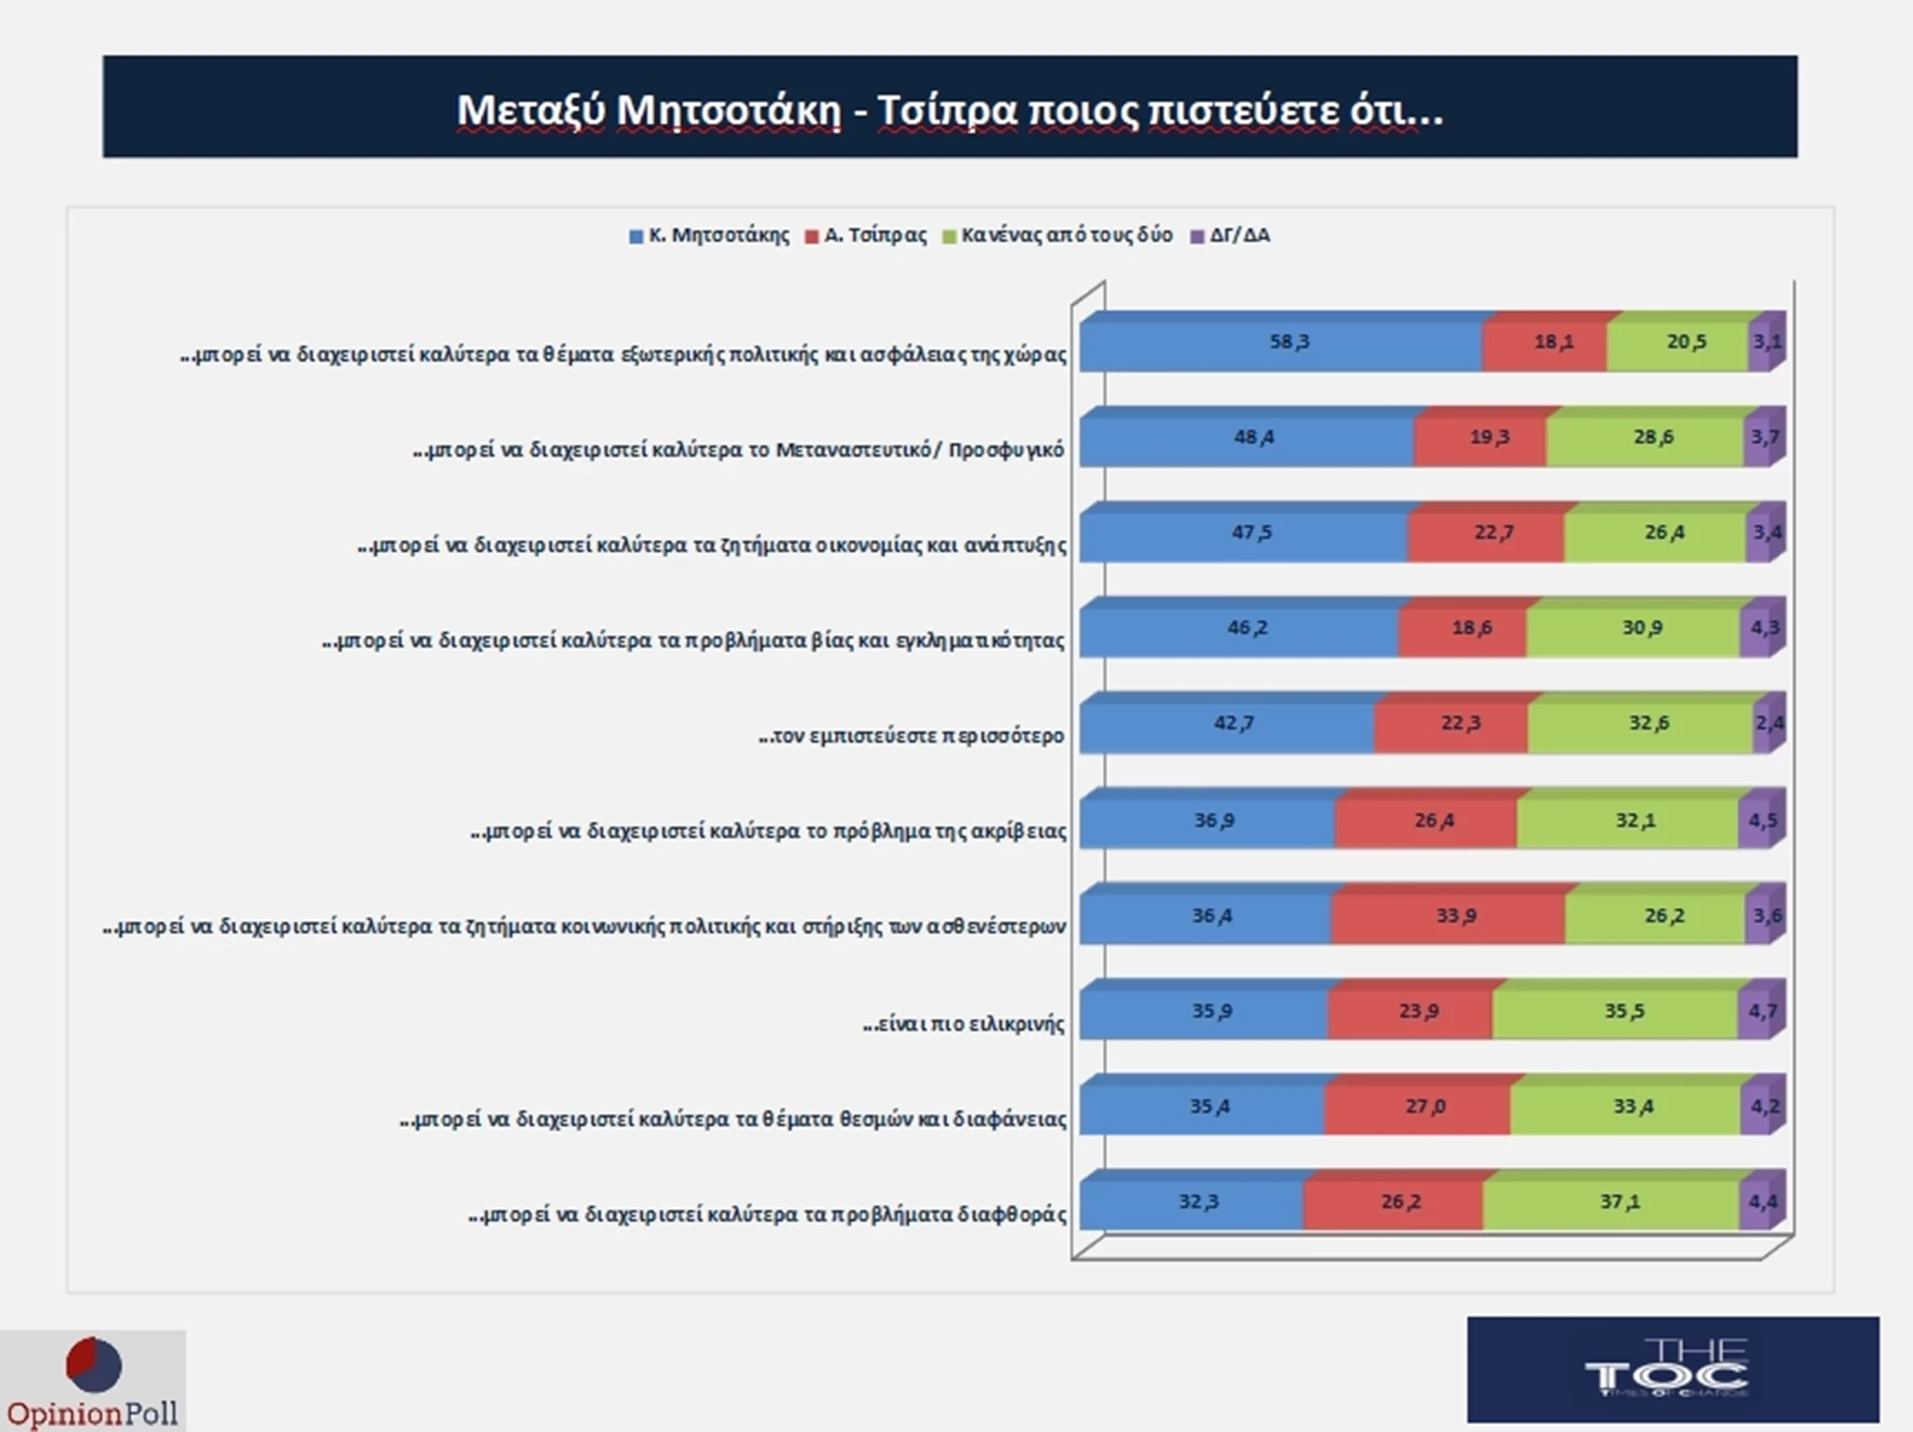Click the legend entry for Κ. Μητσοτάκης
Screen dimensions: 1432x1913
[710, 235]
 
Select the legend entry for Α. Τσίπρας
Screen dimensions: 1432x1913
[867, 235]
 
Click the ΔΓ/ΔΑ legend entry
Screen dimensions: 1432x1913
[1231, 235]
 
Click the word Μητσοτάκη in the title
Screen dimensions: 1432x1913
[729, 110]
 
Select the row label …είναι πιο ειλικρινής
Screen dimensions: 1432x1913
[963, 1024]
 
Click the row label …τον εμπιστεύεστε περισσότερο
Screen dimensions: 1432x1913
[911, 737]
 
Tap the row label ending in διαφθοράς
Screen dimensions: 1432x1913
[767, 1215]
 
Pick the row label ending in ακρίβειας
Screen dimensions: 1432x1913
[768, 831]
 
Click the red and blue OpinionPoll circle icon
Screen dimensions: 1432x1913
[94, 1364]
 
